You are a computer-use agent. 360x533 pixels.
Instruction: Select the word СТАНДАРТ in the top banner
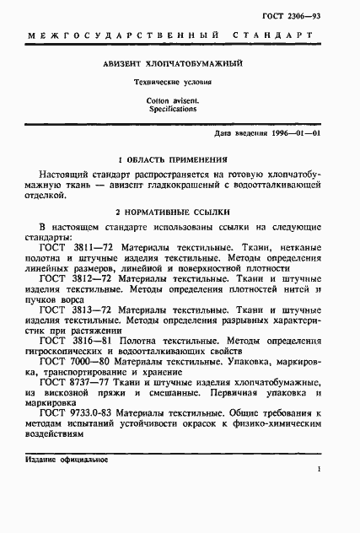pyautogui.click(x=282, y=36)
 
